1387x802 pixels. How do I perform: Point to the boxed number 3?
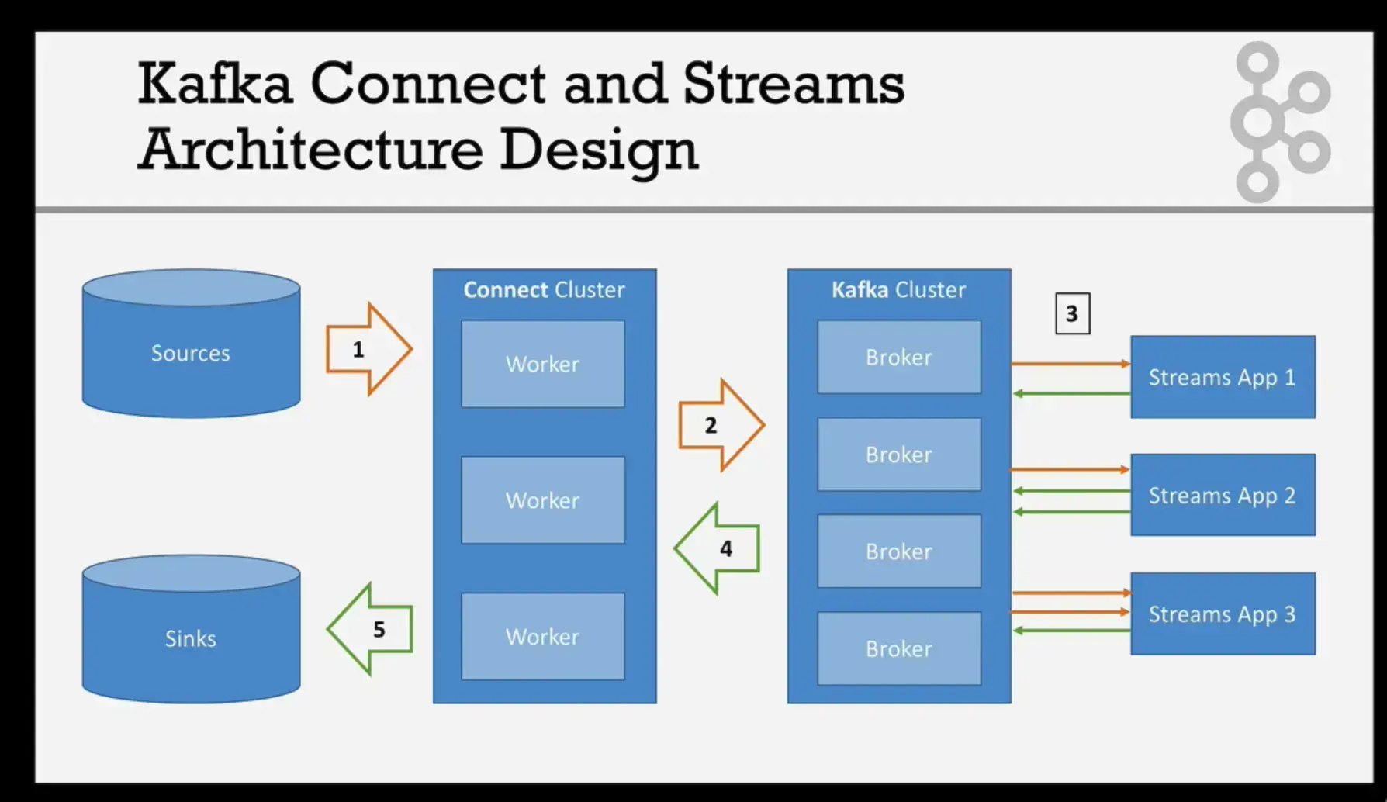(1072, 313)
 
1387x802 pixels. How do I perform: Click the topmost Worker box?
(542, 364)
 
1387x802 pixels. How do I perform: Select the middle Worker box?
(542, 500)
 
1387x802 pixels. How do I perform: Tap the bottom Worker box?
(542, 637)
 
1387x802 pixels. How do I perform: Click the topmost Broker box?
(898, 357)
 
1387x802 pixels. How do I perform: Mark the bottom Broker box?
(898, 648)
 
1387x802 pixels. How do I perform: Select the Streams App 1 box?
(1223, 377)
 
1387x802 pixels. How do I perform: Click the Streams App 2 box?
(1223, 495)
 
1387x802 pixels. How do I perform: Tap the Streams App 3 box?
(1223, 614)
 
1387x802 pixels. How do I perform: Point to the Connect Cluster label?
(544, 290)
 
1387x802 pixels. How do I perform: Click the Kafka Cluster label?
(898, 290)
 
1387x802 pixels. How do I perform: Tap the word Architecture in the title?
(310, 149)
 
